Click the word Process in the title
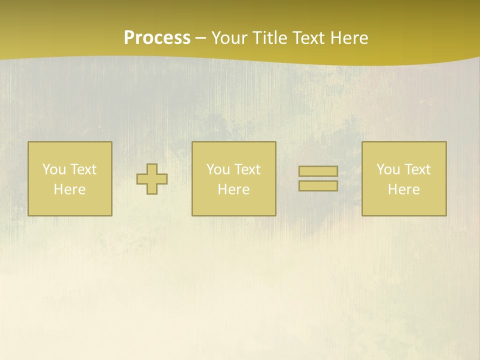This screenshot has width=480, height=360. pos(157,38)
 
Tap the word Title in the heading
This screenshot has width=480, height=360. pos(269,38)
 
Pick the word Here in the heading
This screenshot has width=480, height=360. pos(350,38)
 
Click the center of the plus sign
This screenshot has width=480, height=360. pos(152,179)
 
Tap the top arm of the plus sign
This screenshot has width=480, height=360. pos(152,168)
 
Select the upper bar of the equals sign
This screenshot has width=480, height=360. pos(318,171)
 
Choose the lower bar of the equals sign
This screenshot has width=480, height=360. pos(318,186)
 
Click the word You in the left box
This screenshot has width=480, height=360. pos(54,169)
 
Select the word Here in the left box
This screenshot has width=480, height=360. pos(69,189)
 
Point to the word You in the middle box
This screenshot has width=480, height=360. pos(218,169)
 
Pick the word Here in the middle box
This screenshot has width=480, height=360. pos(233,189)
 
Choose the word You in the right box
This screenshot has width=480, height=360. pos(388,169)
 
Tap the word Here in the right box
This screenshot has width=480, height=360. pos(403,189)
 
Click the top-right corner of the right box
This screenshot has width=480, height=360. pos(446,142)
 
